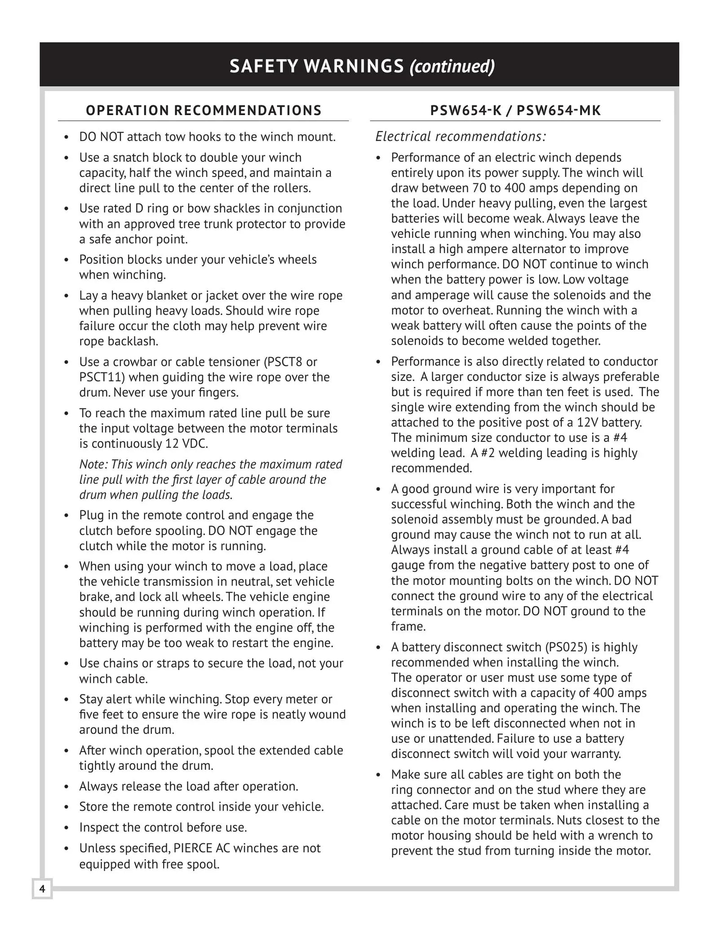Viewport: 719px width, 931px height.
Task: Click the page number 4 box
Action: point(42,889)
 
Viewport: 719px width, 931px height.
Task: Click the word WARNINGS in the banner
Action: point(354,66)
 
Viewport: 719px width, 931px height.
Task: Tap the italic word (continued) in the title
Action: point(452,66)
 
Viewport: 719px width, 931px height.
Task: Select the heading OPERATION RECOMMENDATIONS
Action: point(204,111)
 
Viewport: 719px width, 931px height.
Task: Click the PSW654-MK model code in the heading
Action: point(559,111)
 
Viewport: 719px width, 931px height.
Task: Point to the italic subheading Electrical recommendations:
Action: point(461,136)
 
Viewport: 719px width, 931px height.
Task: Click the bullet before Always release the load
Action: point(67,787)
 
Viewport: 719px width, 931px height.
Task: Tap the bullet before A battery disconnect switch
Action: point(379,648)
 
